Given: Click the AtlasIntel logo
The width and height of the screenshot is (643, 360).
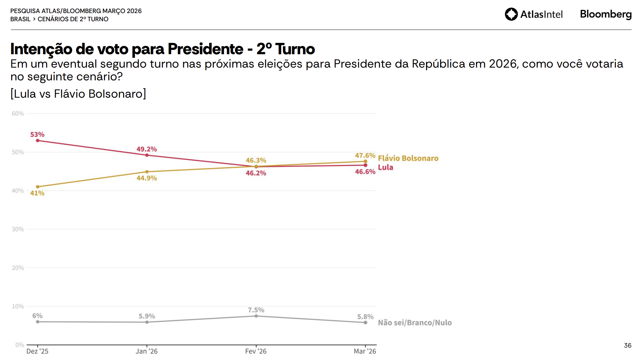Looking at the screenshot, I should (x=534, y=14).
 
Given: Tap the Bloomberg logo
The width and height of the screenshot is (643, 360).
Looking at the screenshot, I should (x=605, y=14).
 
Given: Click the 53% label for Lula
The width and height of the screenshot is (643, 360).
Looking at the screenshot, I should (x=37, y=135).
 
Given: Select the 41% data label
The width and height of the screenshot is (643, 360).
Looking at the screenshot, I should (x=37, y=193).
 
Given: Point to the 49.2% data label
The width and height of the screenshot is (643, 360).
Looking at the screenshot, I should (x=147, y=149).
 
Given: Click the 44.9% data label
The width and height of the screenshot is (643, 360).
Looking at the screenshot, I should (x=147, y=178).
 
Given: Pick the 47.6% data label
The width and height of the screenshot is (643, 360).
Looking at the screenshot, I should (x=365, y=155).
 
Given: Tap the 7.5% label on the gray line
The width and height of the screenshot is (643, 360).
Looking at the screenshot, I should (x=256, y=310).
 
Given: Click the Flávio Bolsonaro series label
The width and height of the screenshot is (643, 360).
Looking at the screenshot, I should (x=408, y=158).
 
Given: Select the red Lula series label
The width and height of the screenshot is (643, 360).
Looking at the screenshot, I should (x=386, y=168).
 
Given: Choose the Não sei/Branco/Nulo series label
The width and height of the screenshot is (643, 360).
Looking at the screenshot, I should (x=415, y=323).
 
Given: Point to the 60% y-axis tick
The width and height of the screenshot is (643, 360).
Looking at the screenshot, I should (x=18, y=114).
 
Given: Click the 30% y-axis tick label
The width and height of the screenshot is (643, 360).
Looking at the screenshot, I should (x=18, y=229).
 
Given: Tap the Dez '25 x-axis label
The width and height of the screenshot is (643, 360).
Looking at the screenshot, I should (x=37, y=352).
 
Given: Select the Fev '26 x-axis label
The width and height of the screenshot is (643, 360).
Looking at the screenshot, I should (x=256, y=352).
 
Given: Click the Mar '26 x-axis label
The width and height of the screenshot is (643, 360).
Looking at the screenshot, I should (x=365, y=352).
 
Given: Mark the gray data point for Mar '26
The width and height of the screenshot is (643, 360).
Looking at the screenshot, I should (x=365, y=322).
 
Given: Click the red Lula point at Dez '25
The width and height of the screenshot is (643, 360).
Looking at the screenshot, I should (x=38, y=140).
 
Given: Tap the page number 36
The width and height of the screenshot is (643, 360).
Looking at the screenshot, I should (x=627, y=346).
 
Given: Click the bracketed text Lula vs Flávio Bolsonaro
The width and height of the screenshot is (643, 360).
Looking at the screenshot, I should (x=78, y=94).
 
